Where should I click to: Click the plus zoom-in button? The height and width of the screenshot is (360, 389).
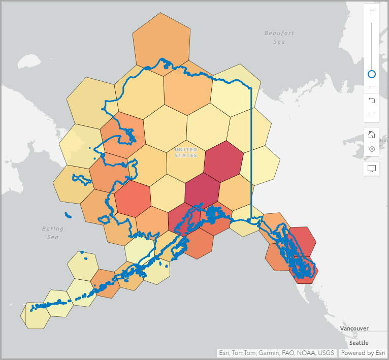372,11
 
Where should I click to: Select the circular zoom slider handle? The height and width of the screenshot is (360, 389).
372,74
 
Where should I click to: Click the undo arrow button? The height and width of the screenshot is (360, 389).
372,101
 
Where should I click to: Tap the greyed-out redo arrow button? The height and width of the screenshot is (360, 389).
372,114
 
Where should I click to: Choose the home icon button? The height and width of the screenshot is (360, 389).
372,135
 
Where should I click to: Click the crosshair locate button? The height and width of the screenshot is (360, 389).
372,149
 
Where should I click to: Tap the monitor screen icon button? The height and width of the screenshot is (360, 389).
372,169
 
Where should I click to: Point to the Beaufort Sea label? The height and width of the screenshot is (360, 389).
279,37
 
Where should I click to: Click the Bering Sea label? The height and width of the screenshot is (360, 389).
52,233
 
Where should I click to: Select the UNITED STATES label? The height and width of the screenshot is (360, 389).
185,152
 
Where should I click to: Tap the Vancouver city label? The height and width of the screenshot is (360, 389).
354,329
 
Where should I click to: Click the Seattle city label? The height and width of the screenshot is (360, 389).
359,343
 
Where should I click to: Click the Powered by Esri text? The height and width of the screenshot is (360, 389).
362,353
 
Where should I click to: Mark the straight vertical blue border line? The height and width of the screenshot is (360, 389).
251,152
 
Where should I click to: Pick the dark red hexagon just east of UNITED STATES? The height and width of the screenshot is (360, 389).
223,161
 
